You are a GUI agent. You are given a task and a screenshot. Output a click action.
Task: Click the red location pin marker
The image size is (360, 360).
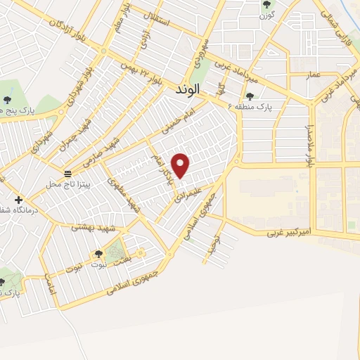(181, 165)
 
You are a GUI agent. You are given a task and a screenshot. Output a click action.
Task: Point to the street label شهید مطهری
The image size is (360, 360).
(124, 194)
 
